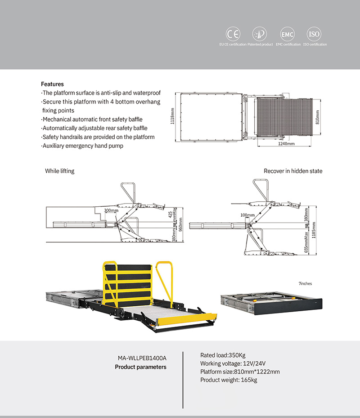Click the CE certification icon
(x=233, y=34)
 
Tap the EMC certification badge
(x=287, y=34)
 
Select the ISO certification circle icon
(x=314, y=34)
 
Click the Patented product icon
(x=260, y=34)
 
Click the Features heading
(x=52, y=84)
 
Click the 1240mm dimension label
(x=286, y=144)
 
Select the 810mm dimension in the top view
(x=317, y=117)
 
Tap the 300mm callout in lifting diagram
(x=111, y=210)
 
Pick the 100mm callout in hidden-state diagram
(x=247, y=215)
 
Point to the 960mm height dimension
(x=181, y=224)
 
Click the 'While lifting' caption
(x=59, y=171)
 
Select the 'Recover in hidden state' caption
(x=293, y=171)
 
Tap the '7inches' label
(x=305, y=284)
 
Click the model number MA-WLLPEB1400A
(x=142, y=358)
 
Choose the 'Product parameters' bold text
(x=140, y=367)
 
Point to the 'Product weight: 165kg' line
(x=228, y=380)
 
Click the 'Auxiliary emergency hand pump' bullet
(x=82, y=146)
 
